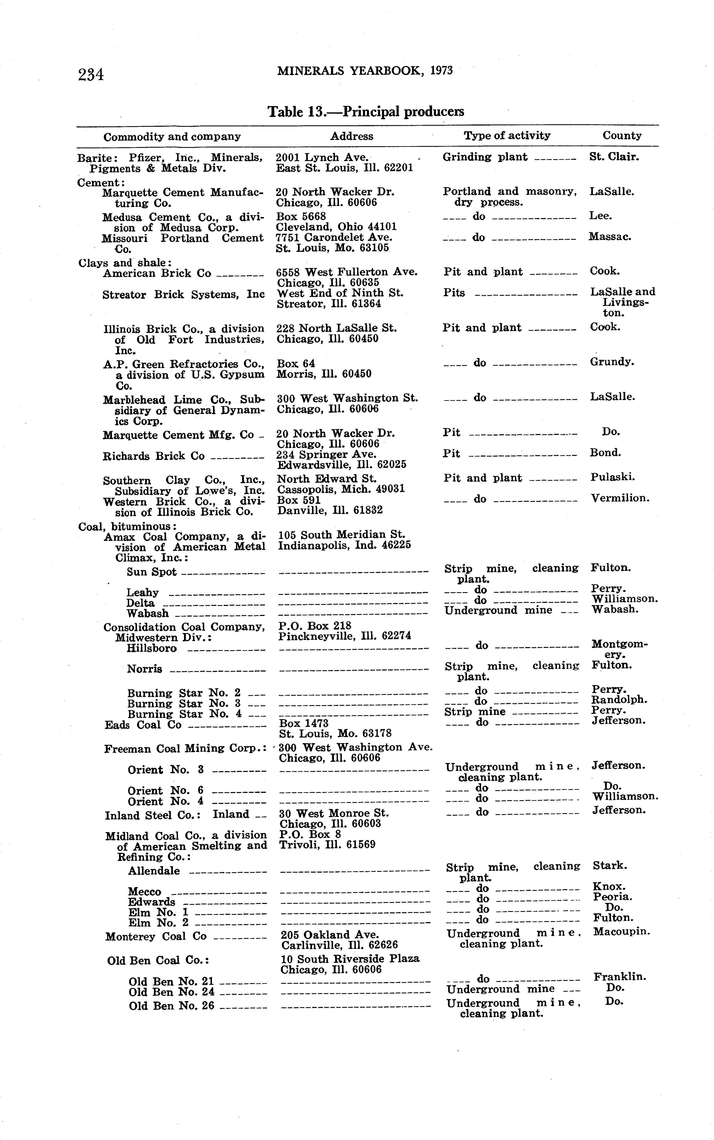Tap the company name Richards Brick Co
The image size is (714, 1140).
[153, 456]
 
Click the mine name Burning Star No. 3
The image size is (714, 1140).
[184, 704]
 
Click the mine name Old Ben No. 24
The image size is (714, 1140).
[171, 992]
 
